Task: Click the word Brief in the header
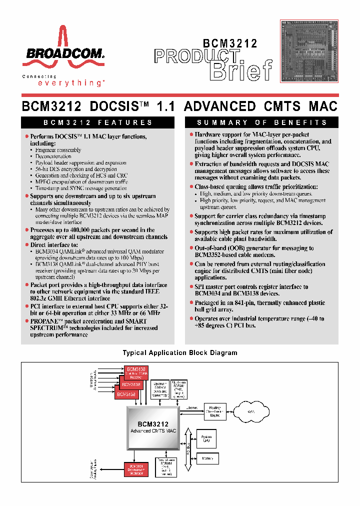[241, 71]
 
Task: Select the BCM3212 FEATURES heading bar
[98, 122]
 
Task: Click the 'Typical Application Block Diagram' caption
[180, 353]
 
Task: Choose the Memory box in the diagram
[206, 458]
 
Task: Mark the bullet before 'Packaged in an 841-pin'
[191, 303]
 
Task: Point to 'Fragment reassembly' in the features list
[58, 150]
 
